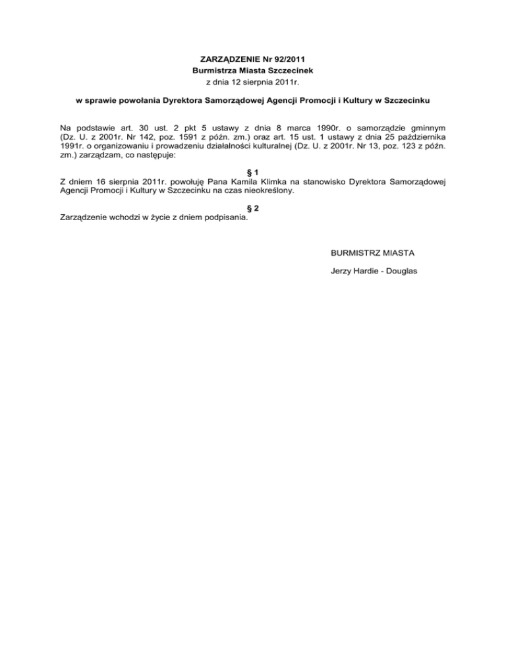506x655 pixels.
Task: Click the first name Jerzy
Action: tap(342, 271)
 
